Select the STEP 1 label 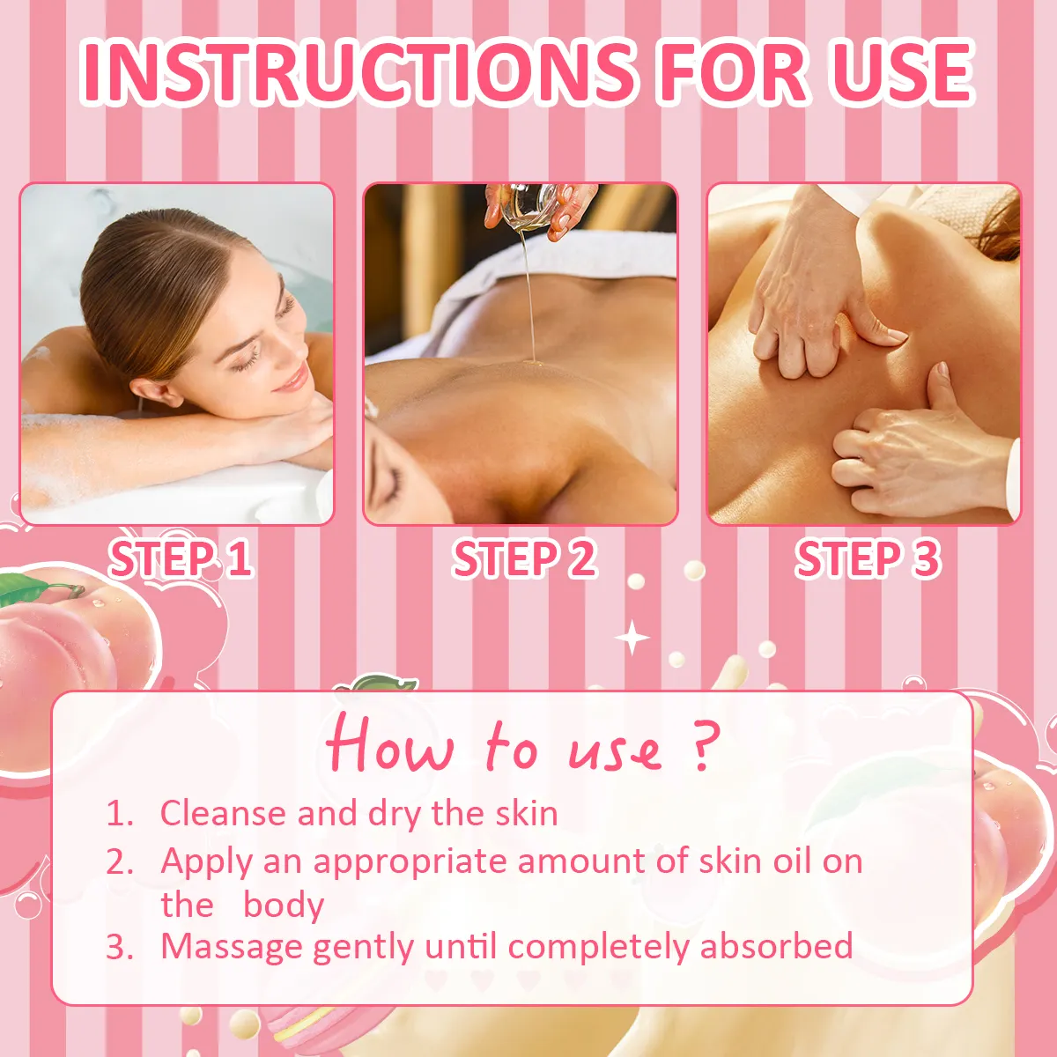point(181,559)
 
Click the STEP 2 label point(524,559)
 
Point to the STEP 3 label point(868,559)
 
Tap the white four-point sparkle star point(632,637)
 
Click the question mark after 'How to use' point(702,747)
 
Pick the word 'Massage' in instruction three point(232,947)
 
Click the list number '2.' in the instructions point(120,861)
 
